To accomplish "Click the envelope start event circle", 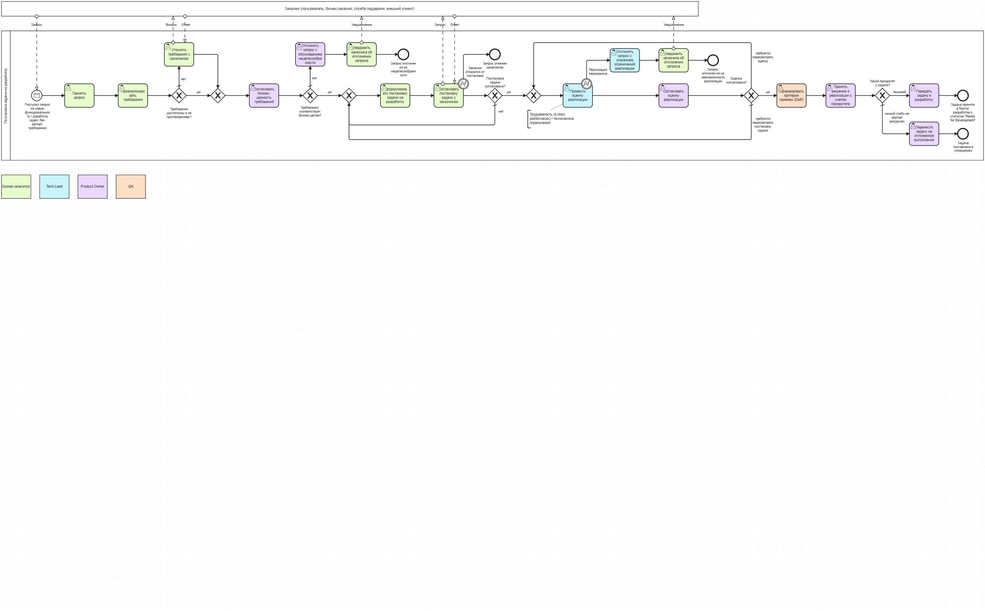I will coord(37,95).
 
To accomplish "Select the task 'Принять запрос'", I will coord(79,96).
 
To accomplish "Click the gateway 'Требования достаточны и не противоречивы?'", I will coord(179,96).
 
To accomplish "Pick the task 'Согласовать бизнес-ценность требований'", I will coord(264,96).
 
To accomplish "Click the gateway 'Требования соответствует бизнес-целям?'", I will coord(310,96).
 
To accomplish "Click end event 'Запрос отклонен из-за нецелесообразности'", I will coord(403,54).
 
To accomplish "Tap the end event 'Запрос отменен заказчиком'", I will coord(495,54).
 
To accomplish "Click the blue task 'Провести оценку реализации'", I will coord(577,96).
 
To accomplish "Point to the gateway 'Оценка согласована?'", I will coord(751,96).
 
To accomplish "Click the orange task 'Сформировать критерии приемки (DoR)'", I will coord(791,96).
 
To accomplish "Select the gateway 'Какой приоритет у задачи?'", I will coord(882,96).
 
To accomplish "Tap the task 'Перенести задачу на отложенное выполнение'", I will coord(924,134).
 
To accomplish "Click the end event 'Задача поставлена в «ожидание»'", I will coord(963,134).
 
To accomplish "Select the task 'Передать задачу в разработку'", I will coord(924,96).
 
